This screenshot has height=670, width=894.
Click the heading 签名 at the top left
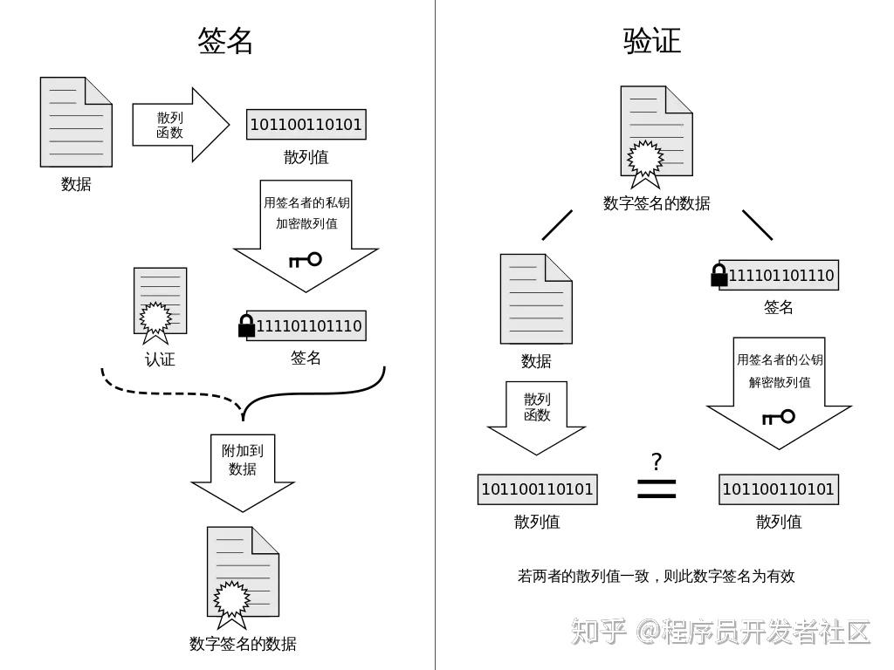tap(225, 41)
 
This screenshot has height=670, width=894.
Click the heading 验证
tap(651, 41)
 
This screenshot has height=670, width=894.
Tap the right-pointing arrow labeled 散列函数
tap(179, 125)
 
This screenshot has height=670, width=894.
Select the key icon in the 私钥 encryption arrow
tap(305, 259)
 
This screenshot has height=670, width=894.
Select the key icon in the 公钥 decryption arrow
tap(778, 417)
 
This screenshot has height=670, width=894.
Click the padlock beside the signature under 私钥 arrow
tap(246, 326)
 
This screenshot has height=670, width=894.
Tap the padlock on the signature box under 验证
tap(719, 276)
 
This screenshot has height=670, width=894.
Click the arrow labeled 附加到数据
tap(243, 471)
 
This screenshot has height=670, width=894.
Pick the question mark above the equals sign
tap(657, 461)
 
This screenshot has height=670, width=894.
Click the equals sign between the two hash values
tap(657, 489)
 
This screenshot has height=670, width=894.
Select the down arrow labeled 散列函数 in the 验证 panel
tap(536, 417)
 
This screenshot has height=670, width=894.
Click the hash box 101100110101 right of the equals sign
tap(778, 489)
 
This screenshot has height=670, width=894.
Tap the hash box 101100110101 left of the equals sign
tap(537, 489)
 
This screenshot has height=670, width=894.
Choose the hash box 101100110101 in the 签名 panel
tap(306, 125)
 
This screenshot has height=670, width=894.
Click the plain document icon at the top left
tap(76, 122)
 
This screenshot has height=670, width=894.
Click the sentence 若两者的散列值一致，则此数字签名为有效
tap(656, 576)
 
